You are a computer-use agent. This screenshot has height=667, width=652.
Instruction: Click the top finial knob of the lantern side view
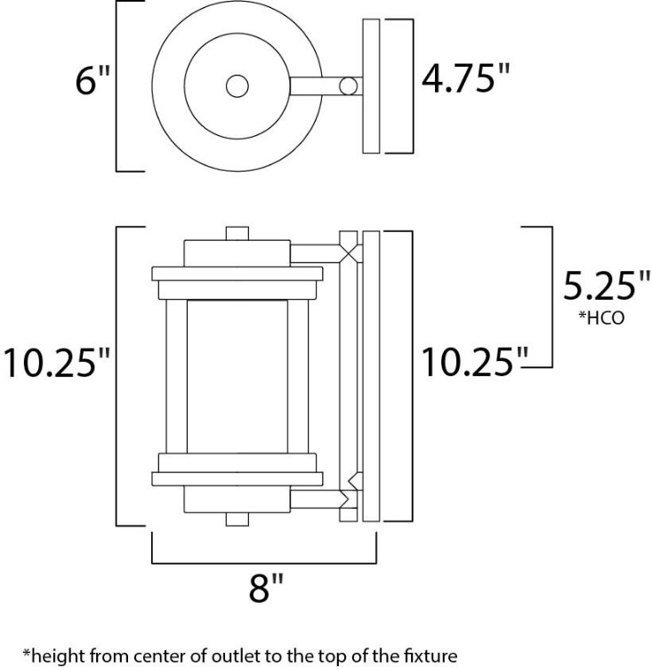pos(237,232)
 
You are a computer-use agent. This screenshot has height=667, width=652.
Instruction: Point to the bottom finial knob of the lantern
pos(237,518)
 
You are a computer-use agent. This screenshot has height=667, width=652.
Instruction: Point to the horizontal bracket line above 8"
pos(264,562)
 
